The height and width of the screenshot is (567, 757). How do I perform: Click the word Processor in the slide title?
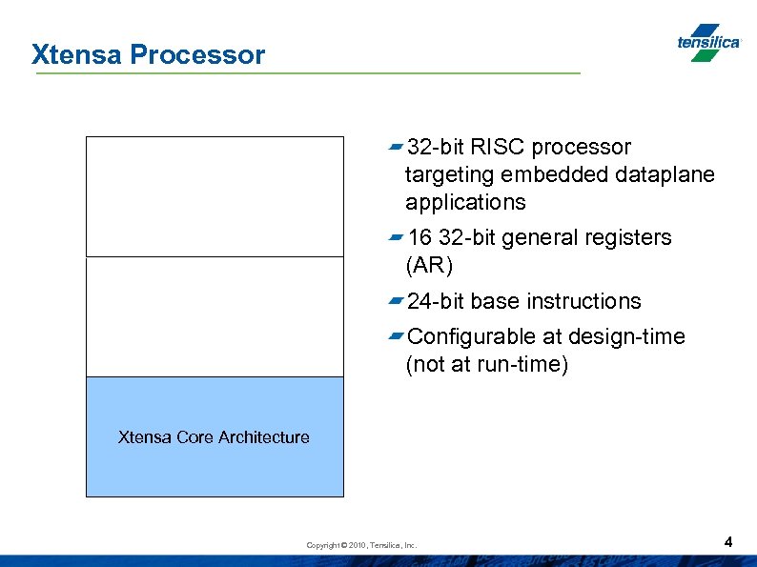coord(197,55)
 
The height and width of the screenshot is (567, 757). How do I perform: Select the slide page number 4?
coord(728,542)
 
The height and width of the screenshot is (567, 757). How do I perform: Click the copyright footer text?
coord(361,545)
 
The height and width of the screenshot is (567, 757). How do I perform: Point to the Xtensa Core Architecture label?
coord(214,437)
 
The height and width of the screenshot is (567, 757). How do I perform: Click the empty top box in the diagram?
coord(215,196)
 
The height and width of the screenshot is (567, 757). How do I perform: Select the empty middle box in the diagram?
coord(215,316)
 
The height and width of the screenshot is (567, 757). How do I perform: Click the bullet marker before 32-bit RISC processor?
coord(396,147)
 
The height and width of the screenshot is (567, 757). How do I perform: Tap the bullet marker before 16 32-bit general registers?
coord(396,237)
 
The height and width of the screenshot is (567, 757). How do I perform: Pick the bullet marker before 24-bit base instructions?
coord(396,301)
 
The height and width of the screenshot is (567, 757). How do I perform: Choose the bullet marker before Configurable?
coord(396,336)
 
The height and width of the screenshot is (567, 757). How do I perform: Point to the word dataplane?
coord(665,174)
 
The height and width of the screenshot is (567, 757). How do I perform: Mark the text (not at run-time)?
coord(486,365)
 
